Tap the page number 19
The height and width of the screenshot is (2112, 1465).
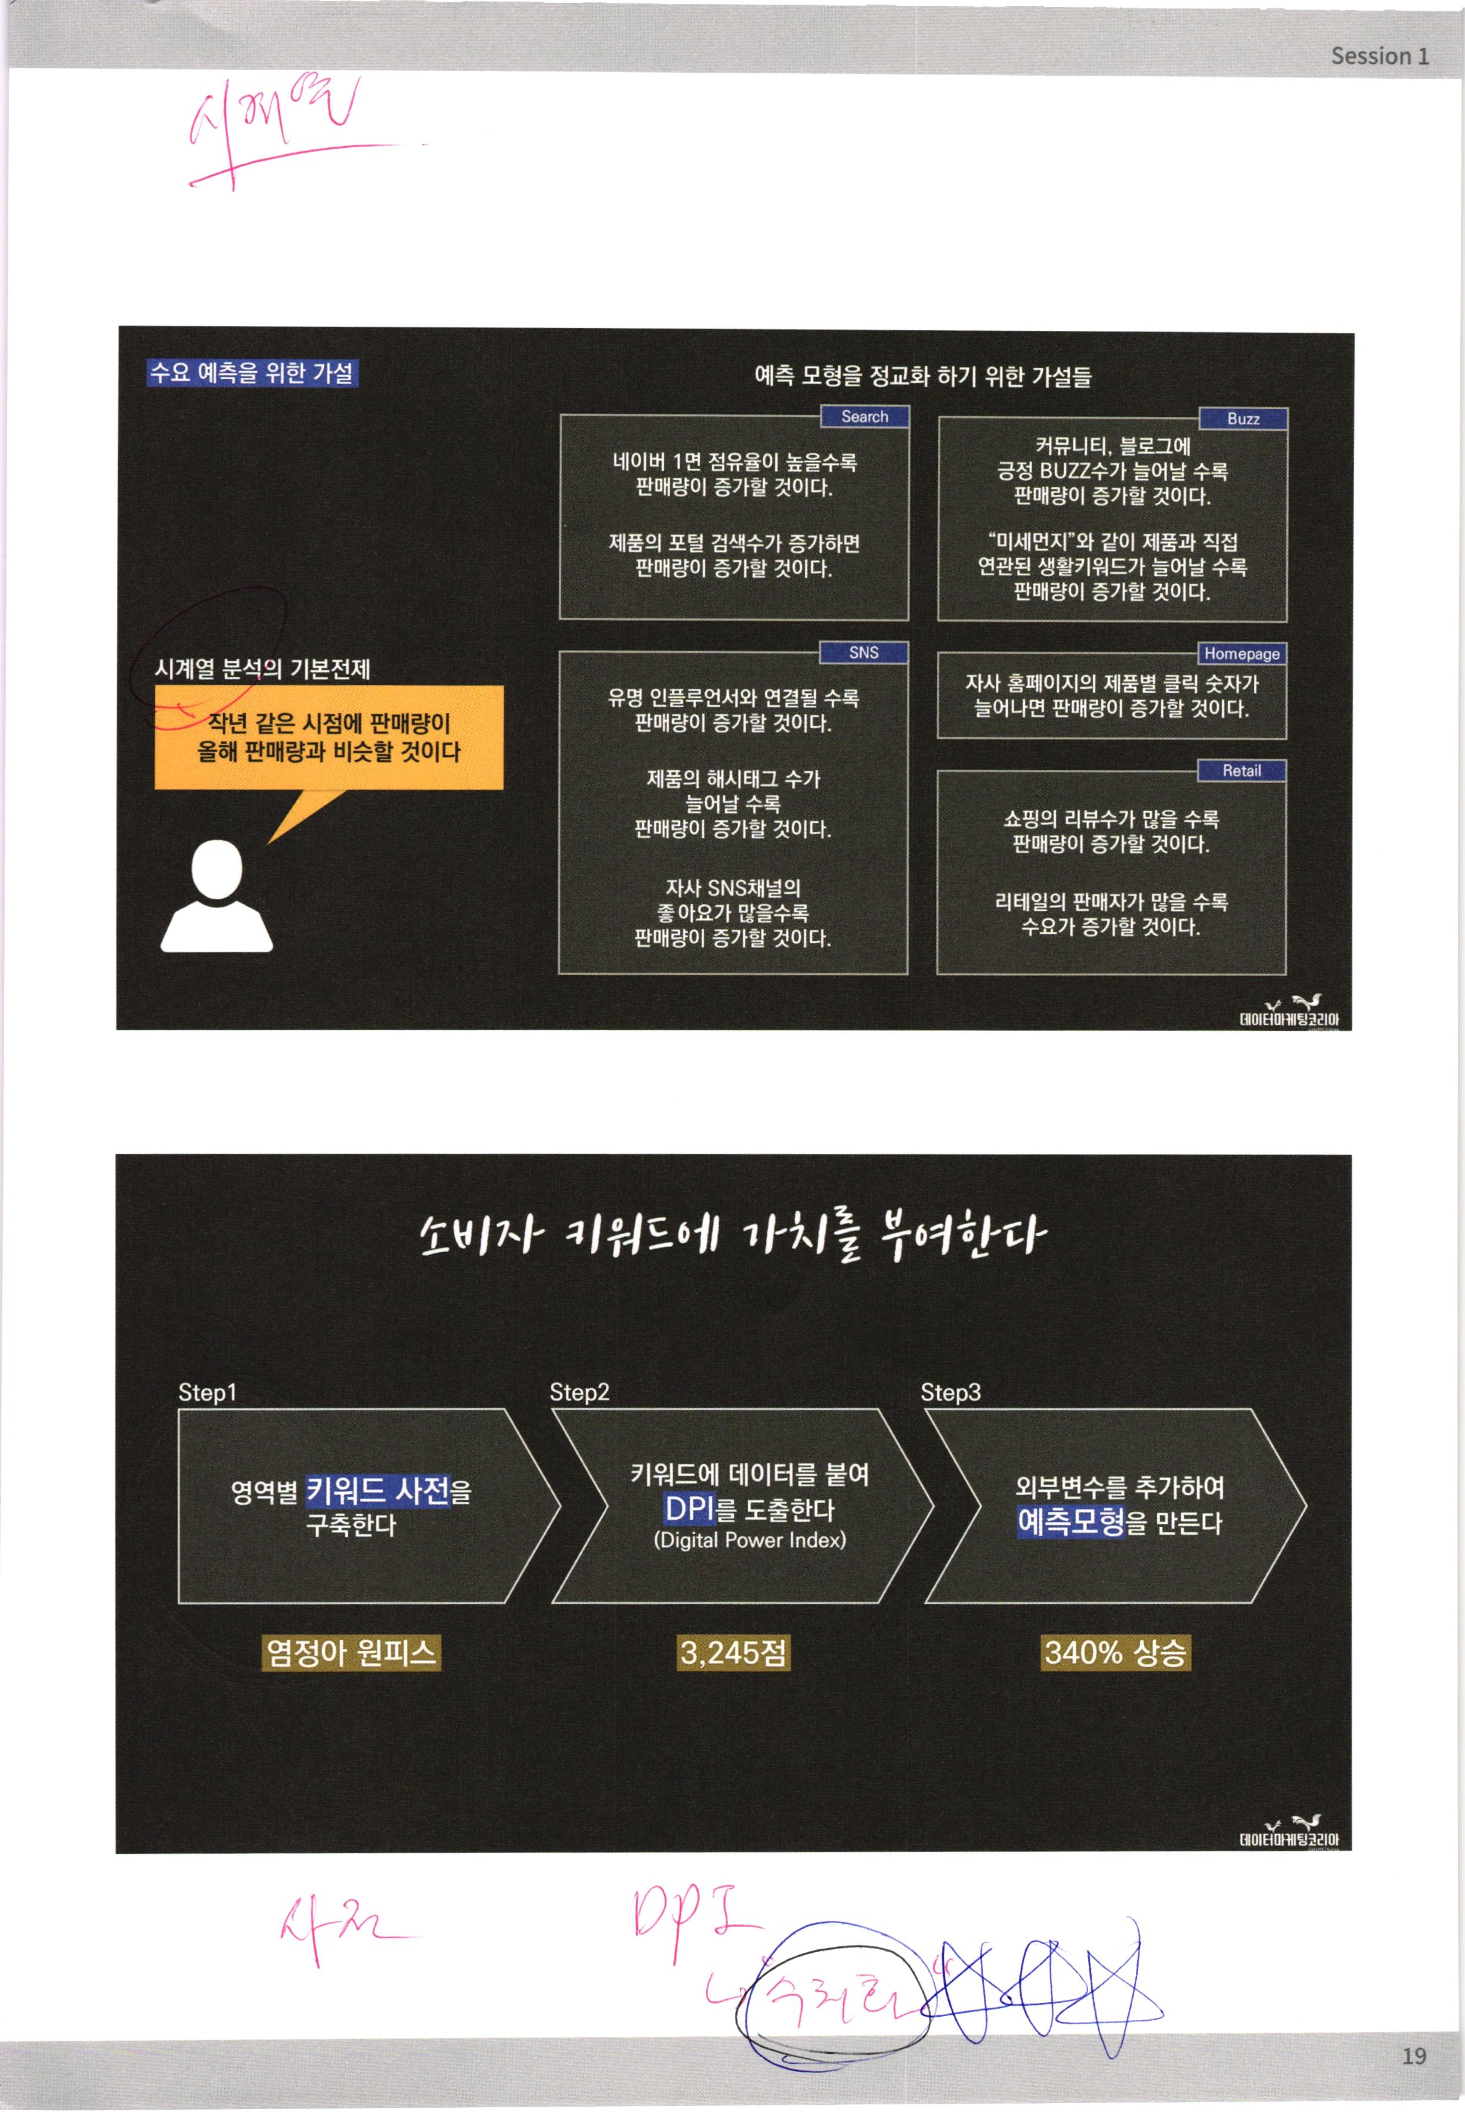(x=1414, y=2055)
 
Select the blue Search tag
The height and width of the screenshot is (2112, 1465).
(x=865, y=417)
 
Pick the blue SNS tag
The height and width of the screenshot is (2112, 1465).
(x=864, y=652)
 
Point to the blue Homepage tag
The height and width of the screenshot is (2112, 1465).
(x=1242, y=654)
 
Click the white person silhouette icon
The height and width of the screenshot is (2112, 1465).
(x=216, y=897)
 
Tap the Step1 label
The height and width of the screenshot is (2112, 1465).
(x=207, y=1392)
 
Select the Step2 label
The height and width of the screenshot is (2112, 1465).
(x=579, y=1392)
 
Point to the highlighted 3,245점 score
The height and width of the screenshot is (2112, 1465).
(x=732, y=1653)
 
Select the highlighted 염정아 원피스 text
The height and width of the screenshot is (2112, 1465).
(x=351, y=1653)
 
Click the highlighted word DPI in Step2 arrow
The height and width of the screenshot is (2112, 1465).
(x=689, y=1508)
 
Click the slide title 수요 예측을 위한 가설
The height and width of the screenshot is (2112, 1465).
(x=252, y=373)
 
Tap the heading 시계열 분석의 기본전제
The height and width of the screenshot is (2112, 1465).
(x=262, y=668)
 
